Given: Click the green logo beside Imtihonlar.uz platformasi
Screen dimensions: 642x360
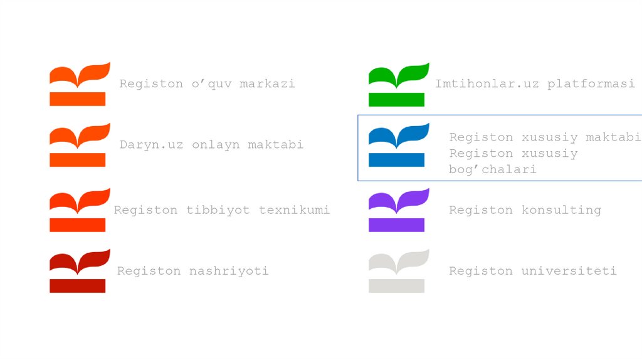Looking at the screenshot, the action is point(397,84).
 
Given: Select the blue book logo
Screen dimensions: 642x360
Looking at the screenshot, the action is point(397,145).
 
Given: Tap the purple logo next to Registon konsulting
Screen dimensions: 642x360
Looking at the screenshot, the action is point(397,210).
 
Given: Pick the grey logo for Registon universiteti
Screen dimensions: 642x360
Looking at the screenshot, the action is point(397,271).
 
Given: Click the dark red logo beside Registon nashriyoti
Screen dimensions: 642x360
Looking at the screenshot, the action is point(80,271).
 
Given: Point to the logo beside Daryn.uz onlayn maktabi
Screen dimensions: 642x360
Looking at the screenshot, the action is point(80,145).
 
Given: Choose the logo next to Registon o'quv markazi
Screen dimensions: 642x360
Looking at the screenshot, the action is point(80,84).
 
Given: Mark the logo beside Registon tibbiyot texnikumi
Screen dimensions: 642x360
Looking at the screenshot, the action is point(80,210).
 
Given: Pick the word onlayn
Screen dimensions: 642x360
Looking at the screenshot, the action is point(214,145).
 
